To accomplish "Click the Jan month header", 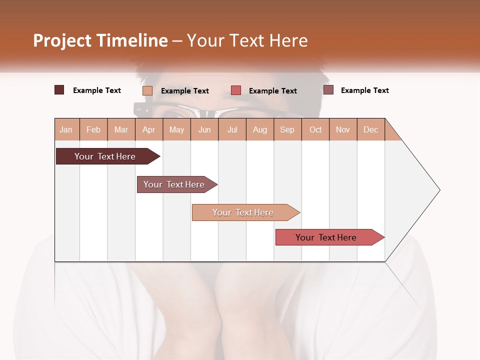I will (x=66, y=129).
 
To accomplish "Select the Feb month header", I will (x=93, y=129).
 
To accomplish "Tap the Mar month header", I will (x=121, y=129).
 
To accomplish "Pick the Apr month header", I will (x=149, y=129).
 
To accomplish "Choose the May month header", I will (x=176, y=129).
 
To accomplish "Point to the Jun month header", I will (x=204, y=129).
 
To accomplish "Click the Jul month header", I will (x=232, y=129).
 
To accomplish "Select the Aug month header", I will (x=260, y=129).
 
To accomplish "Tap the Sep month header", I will (x=287, y=129).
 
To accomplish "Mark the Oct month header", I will (x=315, y=129).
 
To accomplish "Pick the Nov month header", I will (x=343, y=129).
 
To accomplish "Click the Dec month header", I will (x=371, y=129).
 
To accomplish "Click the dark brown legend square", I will (x=59, y=90).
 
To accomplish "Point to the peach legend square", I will (x=147, y=90).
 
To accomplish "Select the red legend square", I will (x=236, y=90).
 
